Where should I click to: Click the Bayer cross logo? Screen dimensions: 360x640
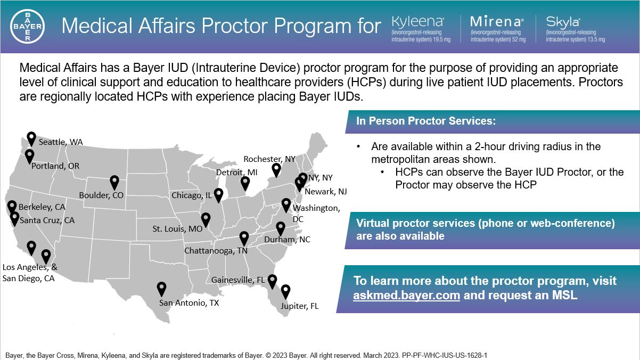(28, 27)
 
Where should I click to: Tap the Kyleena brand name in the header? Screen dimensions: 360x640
(417, 22)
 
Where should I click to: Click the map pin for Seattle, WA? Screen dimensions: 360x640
(31, 138)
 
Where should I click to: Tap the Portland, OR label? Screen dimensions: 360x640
(55, 166)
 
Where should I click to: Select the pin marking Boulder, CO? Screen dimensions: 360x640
(114, 182)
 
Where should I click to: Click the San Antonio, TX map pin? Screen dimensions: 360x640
(162, 289)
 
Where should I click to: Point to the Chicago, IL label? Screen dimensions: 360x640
(191, 196)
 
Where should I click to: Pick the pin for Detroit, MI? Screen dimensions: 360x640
(245, 183)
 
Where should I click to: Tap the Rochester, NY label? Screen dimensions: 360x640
(269, 159)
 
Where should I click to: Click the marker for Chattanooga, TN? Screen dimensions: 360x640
(244, 238)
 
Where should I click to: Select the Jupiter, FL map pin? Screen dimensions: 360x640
(286, 291)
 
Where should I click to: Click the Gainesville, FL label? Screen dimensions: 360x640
(238, 280)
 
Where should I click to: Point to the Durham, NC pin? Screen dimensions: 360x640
(281, 228)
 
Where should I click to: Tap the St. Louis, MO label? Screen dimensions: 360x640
(177, 229)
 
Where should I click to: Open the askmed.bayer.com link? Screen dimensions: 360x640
(406, 294)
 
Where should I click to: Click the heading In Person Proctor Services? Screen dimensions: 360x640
(426, 121)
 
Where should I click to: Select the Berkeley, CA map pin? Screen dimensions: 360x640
(12, 207)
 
